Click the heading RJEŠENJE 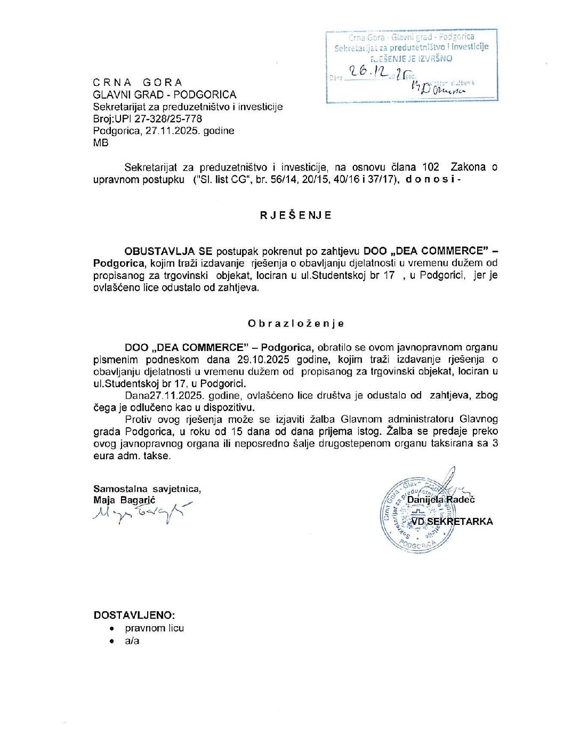click(295, 215)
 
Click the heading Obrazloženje click(295, 323)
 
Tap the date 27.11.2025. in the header click(173, 131)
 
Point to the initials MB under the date click(100, 142)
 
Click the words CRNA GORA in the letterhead click(138, 82)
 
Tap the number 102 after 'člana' click(430, 167)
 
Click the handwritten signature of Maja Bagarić click(141, 513)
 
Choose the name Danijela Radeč click(441, 499)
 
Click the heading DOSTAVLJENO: click(134, 615)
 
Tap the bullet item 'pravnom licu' click(154, 628)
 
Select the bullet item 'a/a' click(132, 641)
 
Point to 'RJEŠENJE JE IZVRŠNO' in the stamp click(411, 59)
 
